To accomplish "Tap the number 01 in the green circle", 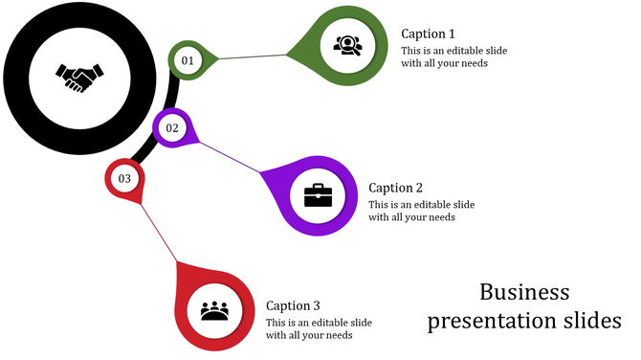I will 188,61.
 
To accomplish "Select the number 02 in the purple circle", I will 172,128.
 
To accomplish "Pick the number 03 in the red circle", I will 124,179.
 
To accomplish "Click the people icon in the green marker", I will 346,43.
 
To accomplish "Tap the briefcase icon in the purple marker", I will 318,195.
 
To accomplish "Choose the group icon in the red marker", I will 215,311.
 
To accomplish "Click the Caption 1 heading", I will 429,34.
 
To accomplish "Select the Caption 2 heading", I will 395,188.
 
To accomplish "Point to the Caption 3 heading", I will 293,305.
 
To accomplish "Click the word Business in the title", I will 524,292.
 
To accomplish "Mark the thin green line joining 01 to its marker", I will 254,57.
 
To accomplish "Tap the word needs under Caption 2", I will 441,217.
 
